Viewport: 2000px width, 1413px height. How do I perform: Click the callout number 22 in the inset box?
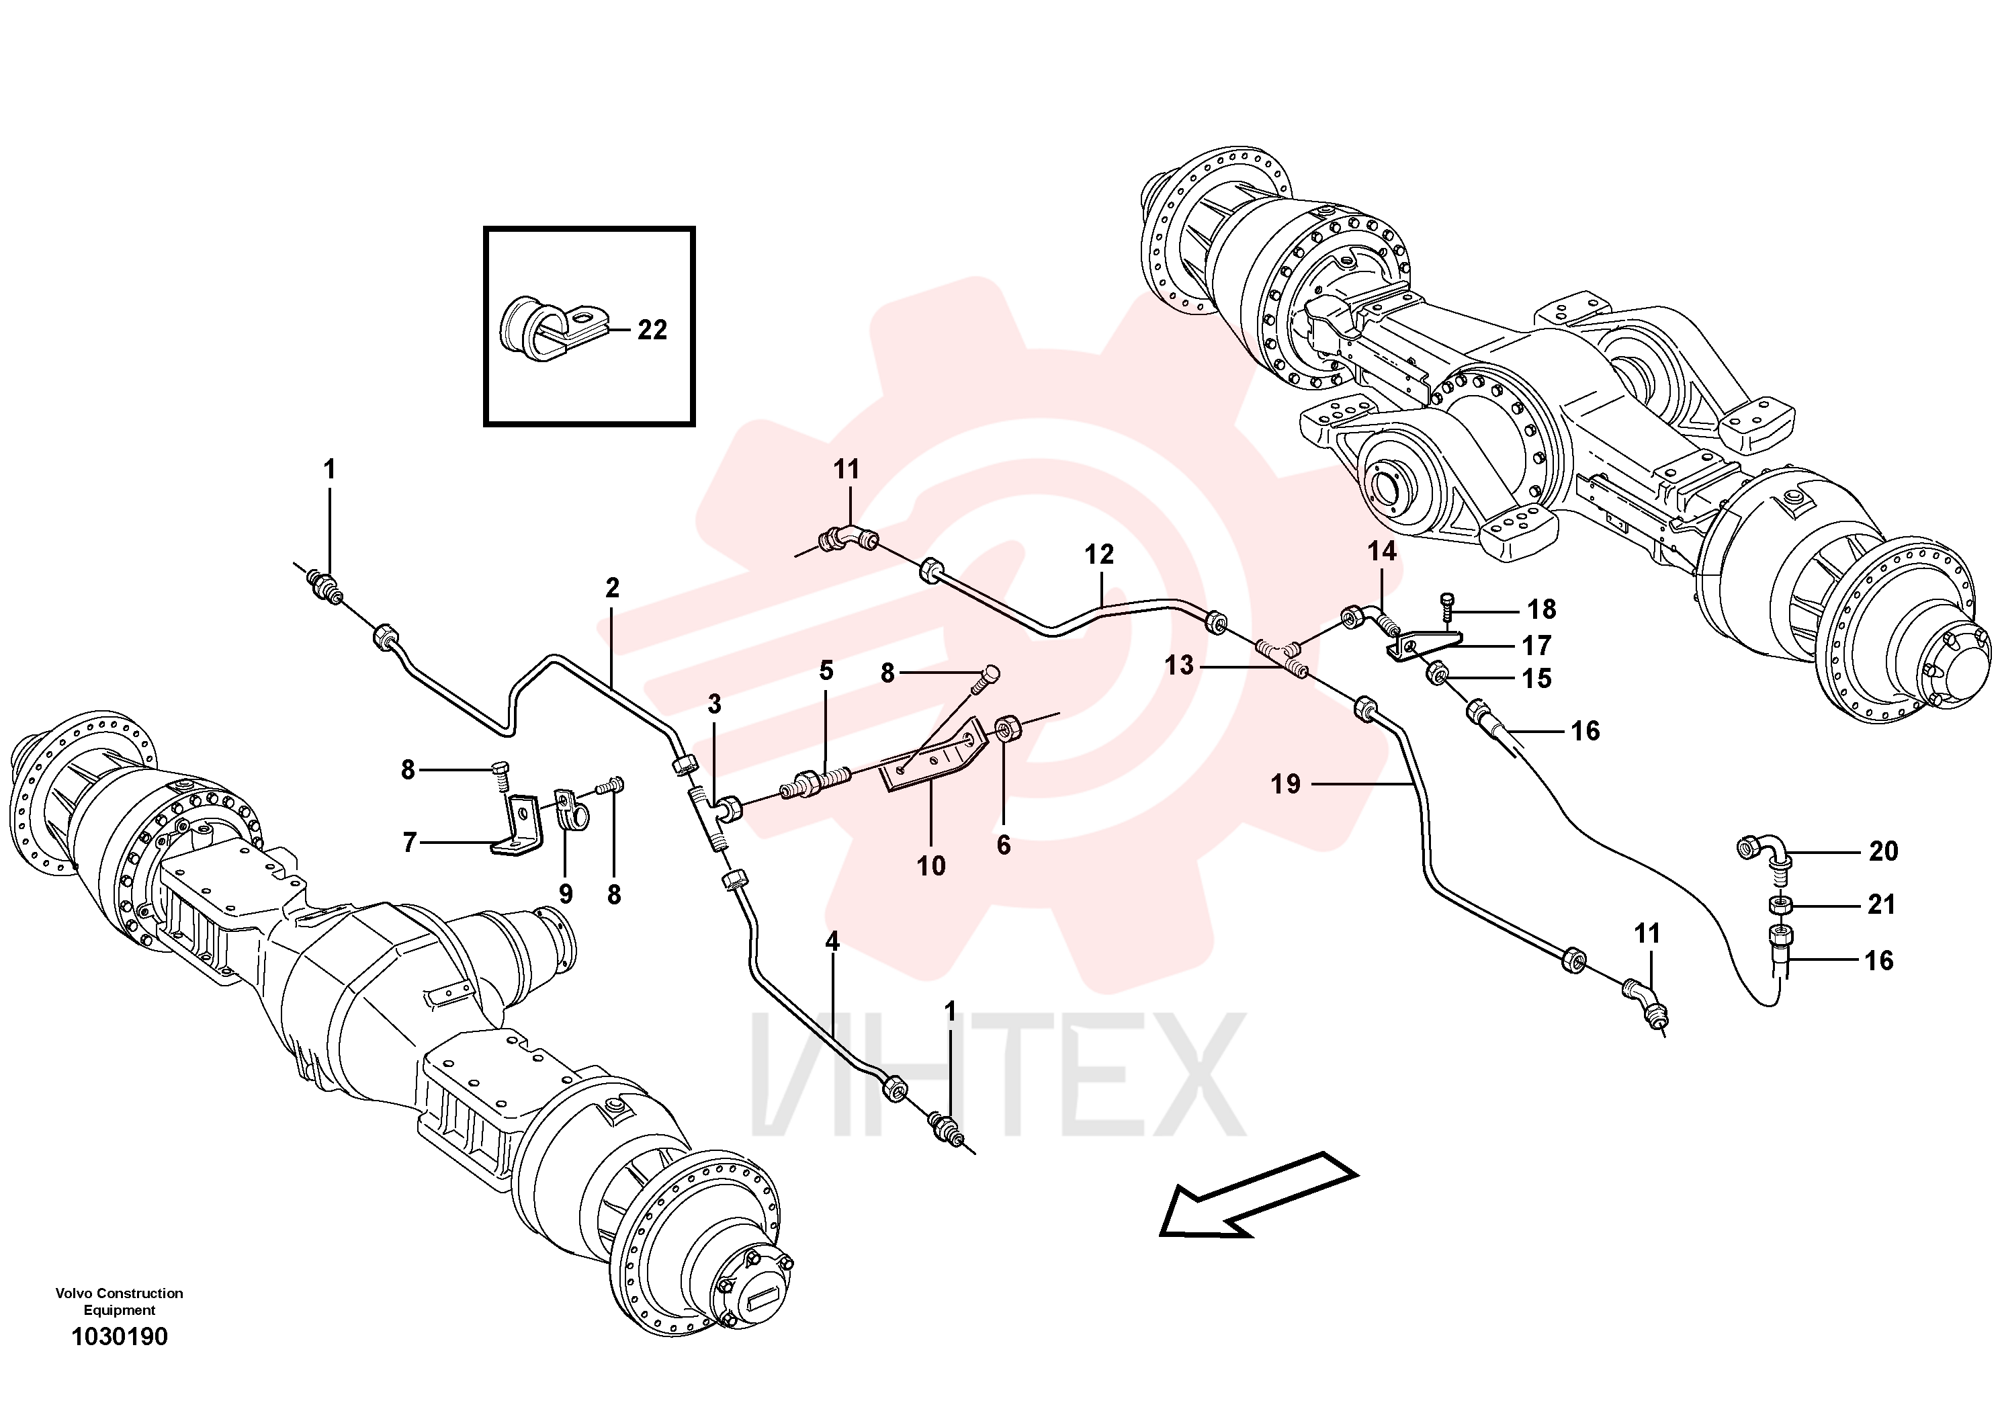[652, 329]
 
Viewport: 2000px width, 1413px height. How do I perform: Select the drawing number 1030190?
[120, 1336]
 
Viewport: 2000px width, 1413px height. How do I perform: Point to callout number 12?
[1099, 554]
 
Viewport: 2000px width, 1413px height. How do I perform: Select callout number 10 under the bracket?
[931, 866]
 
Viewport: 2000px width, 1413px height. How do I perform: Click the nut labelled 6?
[1008, 726]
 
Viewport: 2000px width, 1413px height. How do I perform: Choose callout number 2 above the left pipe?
[613, 588]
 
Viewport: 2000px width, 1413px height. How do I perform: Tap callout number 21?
[1882, 904]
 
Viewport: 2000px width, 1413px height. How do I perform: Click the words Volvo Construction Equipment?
[120, 1301]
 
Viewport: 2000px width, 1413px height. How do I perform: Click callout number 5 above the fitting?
[826, 670]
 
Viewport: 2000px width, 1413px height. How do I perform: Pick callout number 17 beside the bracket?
[1536, 646]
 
